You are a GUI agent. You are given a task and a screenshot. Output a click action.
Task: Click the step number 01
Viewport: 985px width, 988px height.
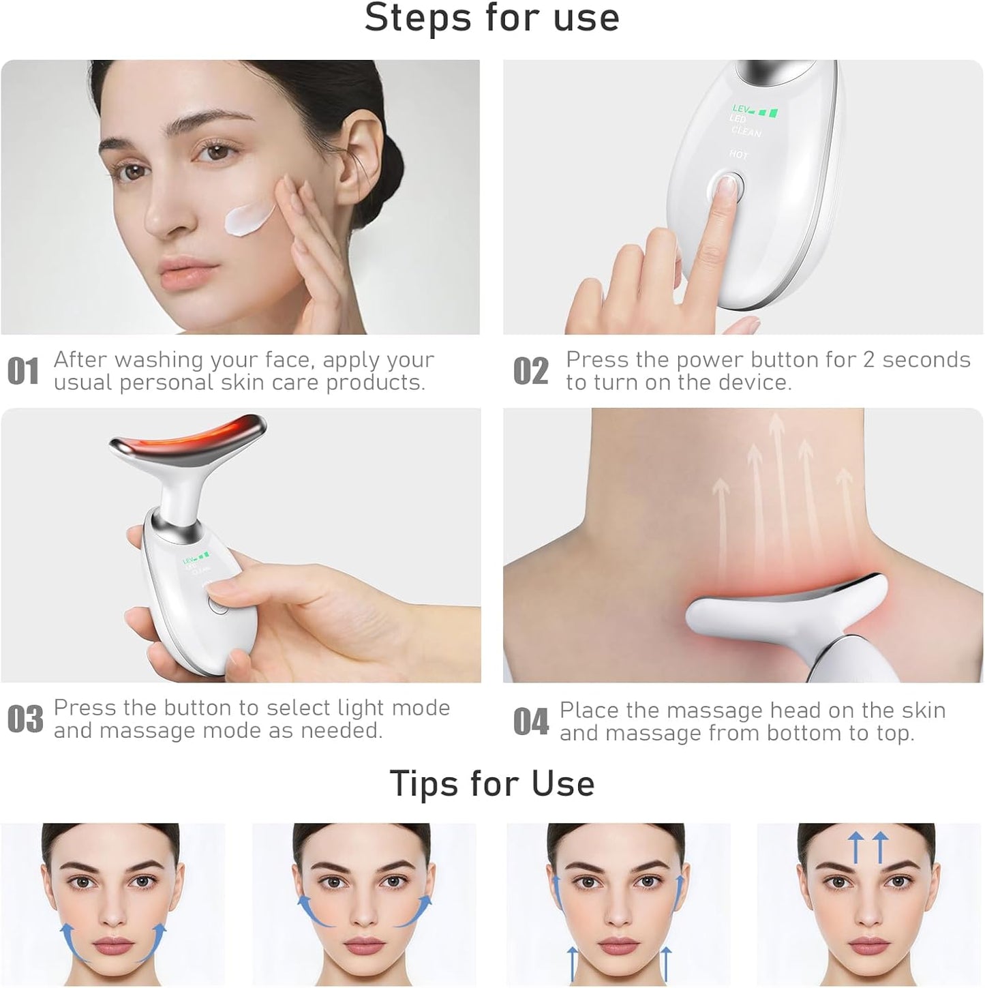click(23, 372)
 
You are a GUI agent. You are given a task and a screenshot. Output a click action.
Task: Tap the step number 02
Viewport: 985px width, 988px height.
click(530, 372)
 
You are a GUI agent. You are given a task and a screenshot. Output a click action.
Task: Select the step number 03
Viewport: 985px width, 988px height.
click(25, 719)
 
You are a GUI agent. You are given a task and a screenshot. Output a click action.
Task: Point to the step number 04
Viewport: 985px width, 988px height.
click(530, 721)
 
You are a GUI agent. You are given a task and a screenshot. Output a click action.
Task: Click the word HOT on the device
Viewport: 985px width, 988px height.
click(738, 155)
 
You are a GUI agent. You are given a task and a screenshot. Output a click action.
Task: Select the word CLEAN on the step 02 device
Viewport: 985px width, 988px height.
click(746, 131)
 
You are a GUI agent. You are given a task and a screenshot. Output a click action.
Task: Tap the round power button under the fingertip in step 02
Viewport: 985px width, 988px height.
click(727, 185)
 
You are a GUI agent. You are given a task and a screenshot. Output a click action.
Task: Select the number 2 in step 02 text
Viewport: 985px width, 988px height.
click(868, 359)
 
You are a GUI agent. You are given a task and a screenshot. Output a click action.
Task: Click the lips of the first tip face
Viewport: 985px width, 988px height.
click(112, 946)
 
